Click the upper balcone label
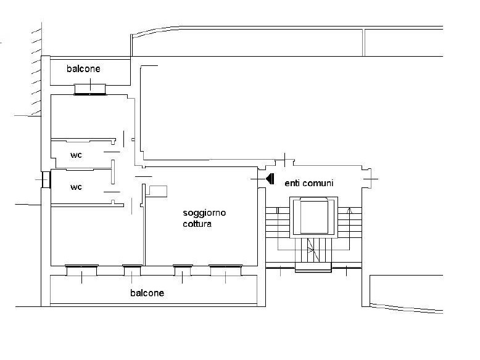click(83, 68)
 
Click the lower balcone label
click(147, 293)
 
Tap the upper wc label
click(77, 155)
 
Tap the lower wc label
click(77, 187)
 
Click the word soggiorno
click(204, 213)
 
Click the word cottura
click(197, 224)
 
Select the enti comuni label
click(309, 183)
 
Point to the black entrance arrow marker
click(270, 179)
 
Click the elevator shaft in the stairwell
click(314, 217)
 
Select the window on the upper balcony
click(90, 89)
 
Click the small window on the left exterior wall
click(46, 179)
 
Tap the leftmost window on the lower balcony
click(81, 271)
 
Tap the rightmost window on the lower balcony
click(226, 271)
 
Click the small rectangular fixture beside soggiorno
click(157, 191)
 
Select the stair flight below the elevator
click(313, 250)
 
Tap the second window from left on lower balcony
click(132, 271)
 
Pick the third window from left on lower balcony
click(183, 271)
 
